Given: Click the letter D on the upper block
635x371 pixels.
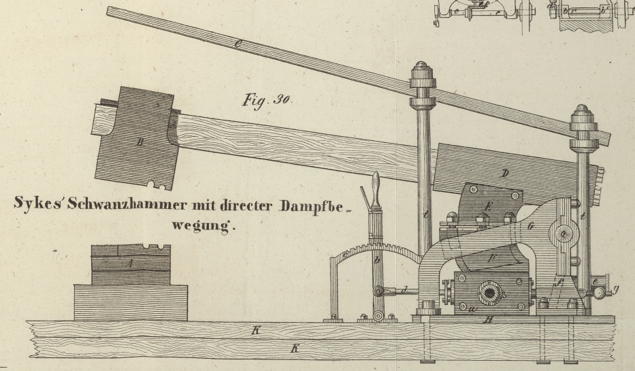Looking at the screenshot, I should [505, 173].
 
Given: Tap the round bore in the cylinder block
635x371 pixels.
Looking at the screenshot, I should [489, 294].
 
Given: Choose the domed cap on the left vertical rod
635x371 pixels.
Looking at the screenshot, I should [421, 71].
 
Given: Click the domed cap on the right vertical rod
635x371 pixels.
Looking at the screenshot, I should [583, 113].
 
